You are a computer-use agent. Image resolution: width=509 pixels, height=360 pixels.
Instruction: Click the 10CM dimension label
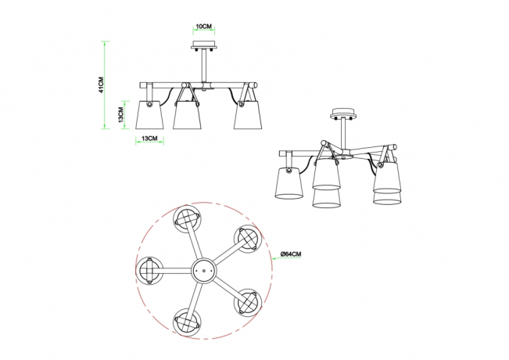point(203,26)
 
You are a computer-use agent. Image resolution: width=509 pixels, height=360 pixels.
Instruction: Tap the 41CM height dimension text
point(102,85)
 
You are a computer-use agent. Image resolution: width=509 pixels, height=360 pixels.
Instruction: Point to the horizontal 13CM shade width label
point(148,139)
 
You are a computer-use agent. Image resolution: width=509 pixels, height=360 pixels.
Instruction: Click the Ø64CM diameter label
point(292,254)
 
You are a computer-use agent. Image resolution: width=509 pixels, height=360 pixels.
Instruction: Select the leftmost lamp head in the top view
point(149,270)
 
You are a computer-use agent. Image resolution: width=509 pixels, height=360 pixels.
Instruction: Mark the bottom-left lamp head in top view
point(188,319)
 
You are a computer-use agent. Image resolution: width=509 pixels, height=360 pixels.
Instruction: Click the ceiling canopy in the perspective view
point(342,113)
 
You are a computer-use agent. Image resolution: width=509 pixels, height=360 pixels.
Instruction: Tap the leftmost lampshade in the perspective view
point(290,185)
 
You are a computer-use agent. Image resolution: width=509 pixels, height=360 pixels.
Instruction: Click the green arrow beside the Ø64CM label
point(276,254)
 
